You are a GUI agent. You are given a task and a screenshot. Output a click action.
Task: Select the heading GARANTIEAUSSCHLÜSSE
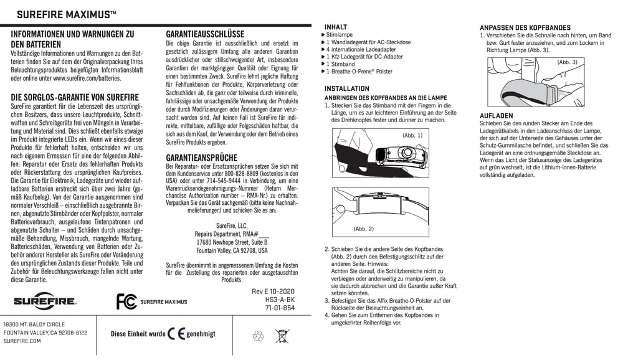(205, 34)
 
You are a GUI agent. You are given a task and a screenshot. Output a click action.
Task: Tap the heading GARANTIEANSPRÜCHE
(201, 158)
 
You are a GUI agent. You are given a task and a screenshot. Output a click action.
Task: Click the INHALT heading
(336, 27)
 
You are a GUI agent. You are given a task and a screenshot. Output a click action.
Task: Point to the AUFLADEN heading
(496, 116)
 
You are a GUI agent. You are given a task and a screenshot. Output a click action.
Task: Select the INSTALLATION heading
(346, 88)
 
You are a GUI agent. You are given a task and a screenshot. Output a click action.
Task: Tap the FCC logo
(126, 301)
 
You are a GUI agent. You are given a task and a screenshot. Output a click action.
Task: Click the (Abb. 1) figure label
(412, 135)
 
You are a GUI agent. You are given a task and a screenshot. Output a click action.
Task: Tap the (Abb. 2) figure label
(363, 229)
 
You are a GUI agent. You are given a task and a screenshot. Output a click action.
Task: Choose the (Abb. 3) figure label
(567, 62)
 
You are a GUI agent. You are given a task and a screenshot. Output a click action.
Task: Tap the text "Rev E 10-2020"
(273, 291)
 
